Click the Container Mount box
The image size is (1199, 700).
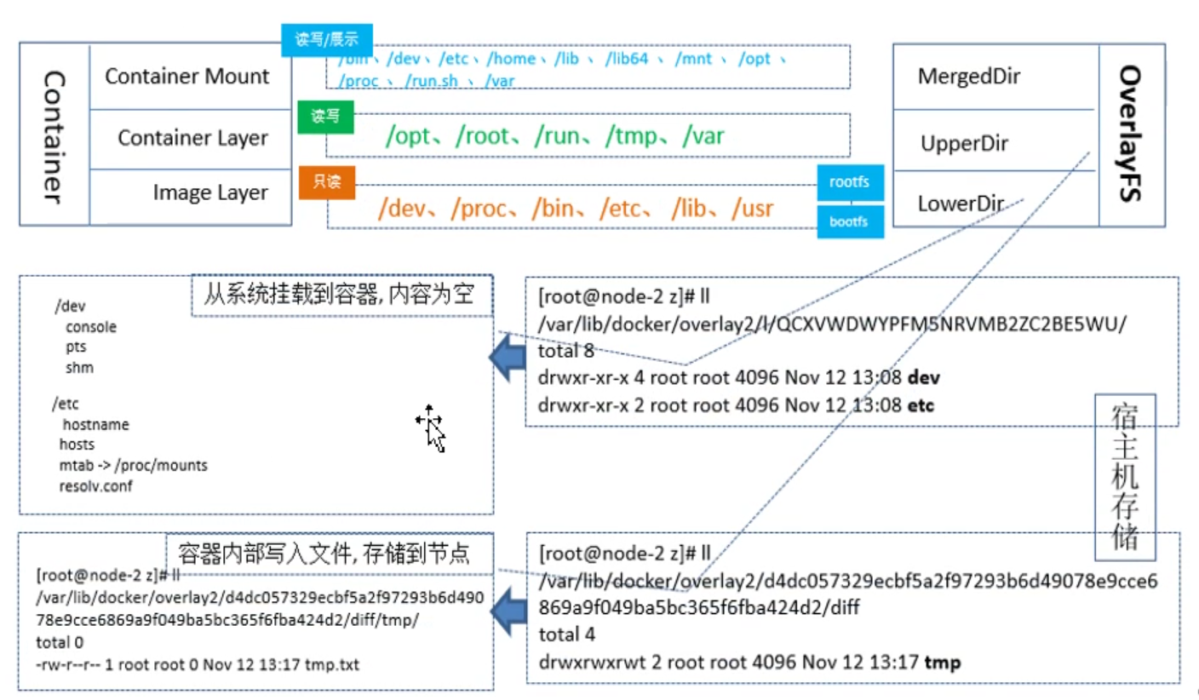coord(187,77)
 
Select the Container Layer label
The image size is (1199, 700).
coord(192,138)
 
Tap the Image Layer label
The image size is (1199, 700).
coord(210,193)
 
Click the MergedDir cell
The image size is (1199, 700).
coord(969,77)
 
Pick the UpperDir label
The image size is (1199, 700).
coord(964,144)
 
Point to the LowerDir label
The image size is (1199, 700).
coord(961,204)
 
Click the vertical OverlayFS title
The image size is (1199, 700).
coord(1130,134)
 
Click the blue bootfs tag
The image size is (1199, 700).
coord(849,221)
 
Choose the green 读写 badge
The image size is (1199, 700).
coord(324,117)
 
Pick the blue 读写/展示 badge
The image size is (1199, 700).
coord(327,40)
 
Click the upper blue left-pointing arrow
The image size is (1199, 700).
coord(507,358)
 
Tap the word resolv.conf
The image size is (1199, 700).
coord(95,486)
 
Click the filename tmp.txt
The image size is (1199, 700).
coord(333,663)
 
